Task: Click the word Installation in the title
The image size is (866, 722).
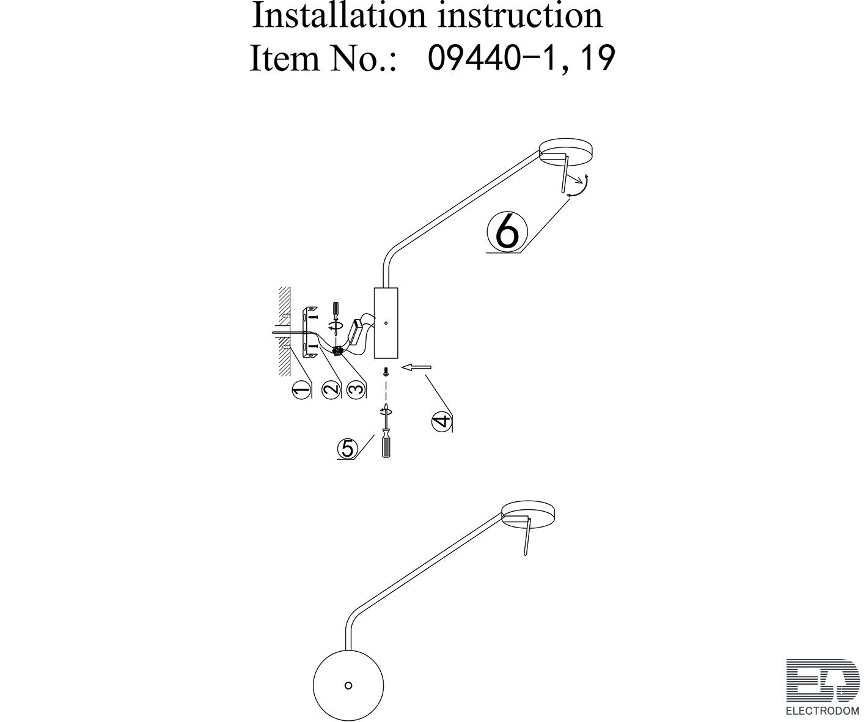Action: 339,15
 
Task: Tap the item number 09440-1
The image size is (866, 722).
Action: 491,57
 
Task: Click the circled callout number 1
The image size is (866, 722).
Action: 301,389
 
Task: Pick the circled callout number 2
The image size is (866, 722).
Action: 331,389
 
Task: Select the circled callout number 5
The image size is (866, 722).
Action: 348,449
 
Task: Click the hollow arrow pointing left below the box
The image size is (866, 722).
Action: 416,367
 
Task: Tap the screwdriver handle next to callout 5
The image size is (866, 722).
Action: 386,445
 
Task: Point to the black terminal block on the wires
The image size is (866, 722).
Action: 338,351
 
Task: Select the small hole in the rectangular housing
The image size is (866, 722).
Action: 386,322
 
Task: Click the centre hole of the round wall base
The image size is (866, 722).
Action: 348,685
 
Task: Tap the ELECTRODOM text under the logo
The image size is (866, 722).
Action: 823,711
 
